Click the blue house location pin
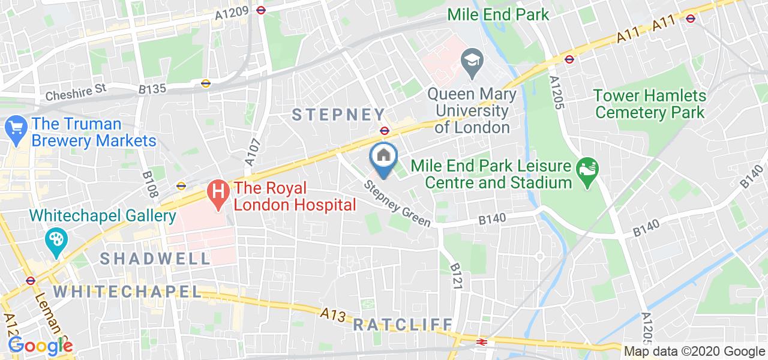coord(384,157)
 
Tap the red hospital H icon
coord(218,193)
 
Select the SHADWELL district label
coord(155,259)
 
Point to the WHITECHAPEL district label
coord(127,292)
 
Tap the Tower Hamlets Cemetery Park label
coord(649,103)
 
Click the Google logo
coord(40,346)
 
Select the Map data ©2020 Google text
coord(694,352)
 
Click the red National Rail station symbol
coord(481,341)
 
